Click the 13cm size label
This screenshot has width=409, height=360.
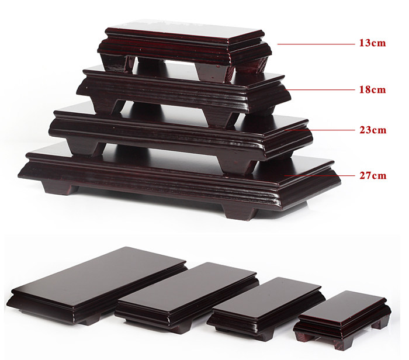(372, 43)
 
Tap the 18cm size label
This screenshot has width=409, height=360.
(372, 90)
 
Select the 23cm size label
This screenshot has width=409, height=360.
(373, 130)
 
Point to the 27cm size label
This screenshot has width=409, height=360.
(373, 175)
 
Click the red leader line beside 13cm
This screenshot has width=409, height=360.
(316, 44)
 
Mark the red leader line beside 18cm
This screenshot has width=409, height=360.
(321, 90)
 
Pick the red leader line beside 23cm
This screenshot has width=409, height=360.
(320, 130)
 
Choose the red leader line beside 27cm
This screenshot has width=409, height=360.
(320, 175)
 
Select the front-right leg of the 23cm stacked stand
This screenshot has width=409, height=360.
(237, 164)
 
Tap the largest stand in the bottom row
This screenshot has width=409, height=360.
(97, 286)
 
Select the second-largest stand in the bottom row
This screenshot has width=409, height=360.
(187, 297)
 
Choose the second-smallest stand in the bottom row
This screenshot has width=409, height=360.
(266, 309)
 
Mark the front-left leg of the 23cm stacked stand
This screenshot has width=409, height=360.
(84, 147)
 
